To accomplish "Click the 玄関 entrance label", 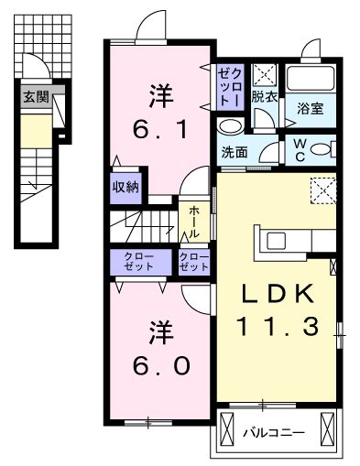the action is coord(37,97).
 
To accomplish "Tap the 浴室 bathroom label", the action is coord(311,109).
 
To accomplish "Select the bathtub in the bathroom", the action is coord(311,78).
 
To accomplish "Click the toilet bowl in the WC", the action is coord(320,149).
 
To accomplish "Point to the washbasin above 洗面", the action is coord(231,125).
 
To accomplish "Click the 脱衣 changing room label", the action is coord(264,97).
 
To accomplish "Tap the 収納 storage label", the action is coord(125,187).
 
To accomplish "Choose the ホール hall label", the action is coord(194,222).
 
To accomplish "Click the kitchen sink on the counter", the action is coord(276,240).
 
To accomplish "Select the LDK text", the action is coord(278,293).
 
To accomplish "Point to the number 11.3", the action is coord(278,326).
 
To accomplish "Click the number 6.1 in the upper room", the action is coord(159,128).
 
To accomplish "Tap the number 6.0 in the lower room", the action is coord(161,365).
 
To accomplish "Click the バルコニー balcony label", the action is coord(274,433).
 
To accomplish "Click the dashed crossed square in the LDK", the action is coord(323,190).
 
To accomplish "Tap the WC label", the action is coord(300,150).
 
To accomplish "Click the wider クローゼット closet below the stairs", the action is coord(141,262).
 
